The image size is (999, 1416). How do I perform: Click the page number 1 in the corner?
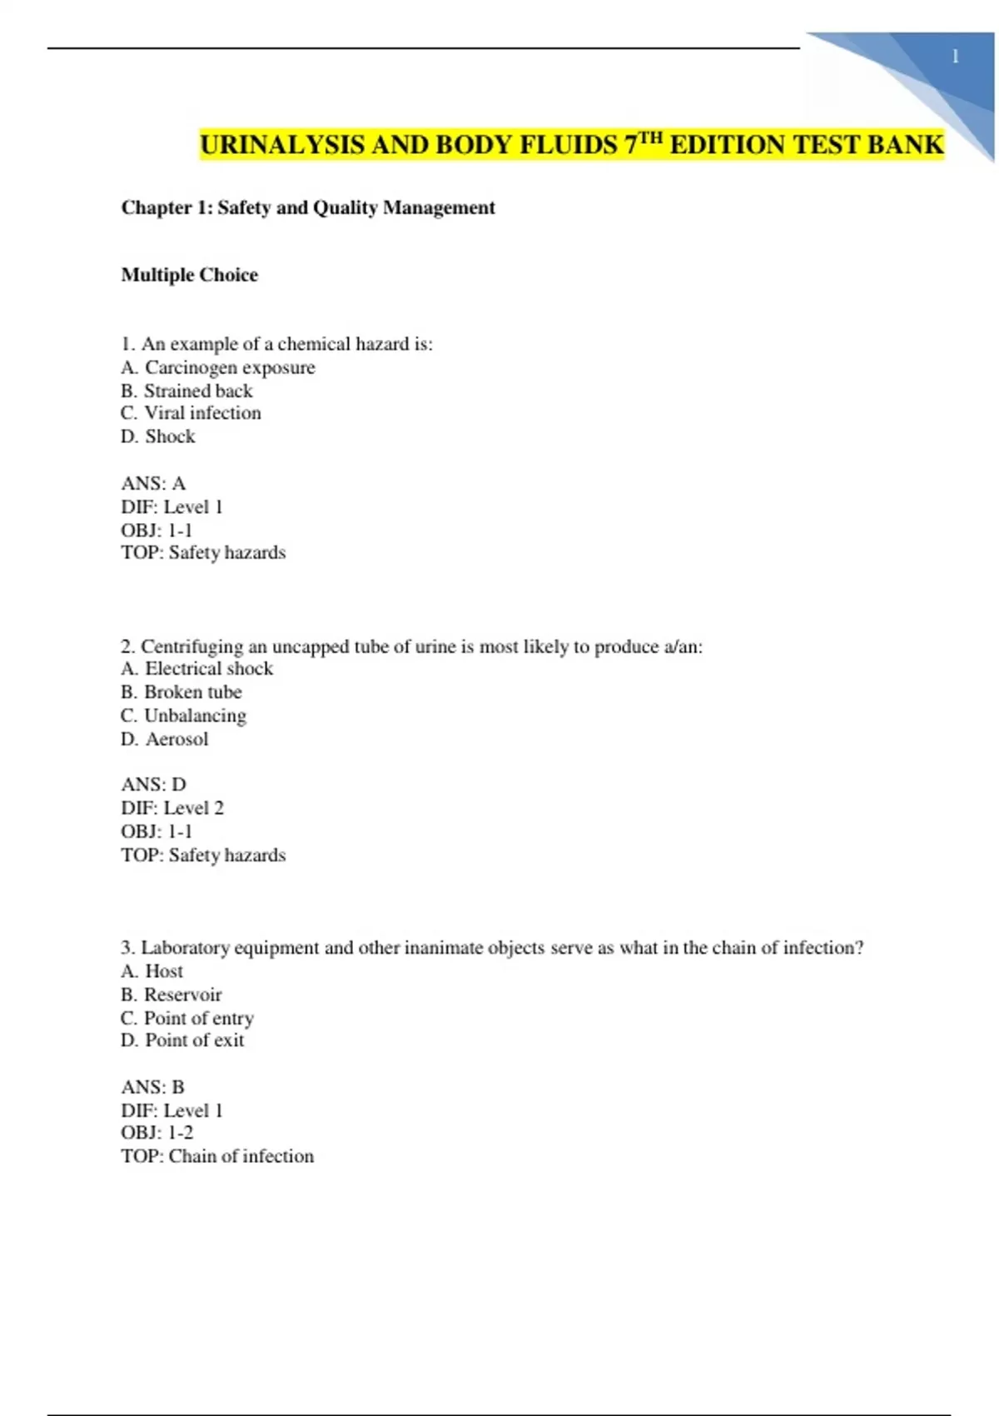click(x=955, y=57)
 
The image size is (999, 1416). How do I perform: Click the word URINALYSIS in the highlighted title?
click(x=282, y=145)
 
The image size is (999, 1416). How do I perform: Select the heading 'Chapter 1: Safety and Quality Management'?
click(x=308, y=207)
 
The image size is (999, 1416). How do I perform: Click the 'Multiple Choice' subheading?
click(x=189, y=275)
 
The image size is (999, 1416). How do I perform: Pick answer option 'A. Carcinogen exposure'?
click(x=218, y=367)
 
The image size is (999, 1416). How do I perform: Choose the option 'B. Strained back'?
click(x=186, y=391)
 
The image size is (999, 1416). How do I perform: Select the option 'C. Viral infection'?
click(x=191, y=413)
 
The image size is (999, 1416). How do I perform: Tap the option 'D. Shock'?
click(x=158, y=436)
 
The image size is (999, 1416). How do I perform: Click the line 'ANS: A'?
click(x=153, y=483)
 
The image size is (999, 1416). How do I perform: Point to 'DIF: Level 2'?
click(x=172, y=808)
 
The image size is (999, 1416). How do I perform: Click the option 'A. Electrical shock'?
click(x=196, y=669)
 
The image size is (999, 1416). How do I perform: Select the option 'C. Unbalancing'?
click(x=183, y=715)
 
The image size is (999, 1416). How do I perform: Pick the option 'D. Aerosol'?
click(x=164, y=739)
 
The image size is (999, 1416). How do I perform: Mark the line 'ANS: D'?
click(x=153, y=785)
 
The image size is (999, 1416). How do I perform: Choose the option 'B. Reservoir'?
click(x=171, y=995)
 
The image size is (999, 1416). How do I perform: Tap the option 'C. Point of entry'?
click(x=187, y=1018)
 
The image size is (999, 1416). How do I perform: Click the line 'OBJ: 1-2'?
click(x=157, y=1133)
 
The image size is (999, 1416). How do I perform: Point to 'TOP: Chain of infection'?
click(x=217, y=1156)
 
